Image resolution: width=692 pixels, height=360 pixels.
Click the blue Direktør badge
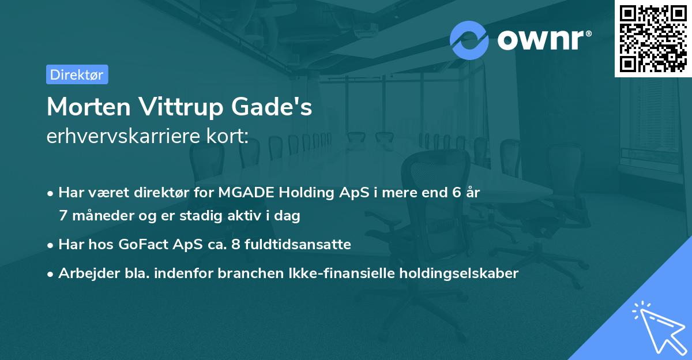(77, 74)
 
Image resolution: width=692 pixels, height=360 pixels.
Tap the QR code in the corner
(652, 38)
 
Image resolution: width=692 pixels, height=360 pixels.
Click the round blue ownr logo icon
(469, 39)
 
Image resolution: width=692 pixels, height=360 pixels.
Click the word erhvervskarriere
(118, 136)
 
